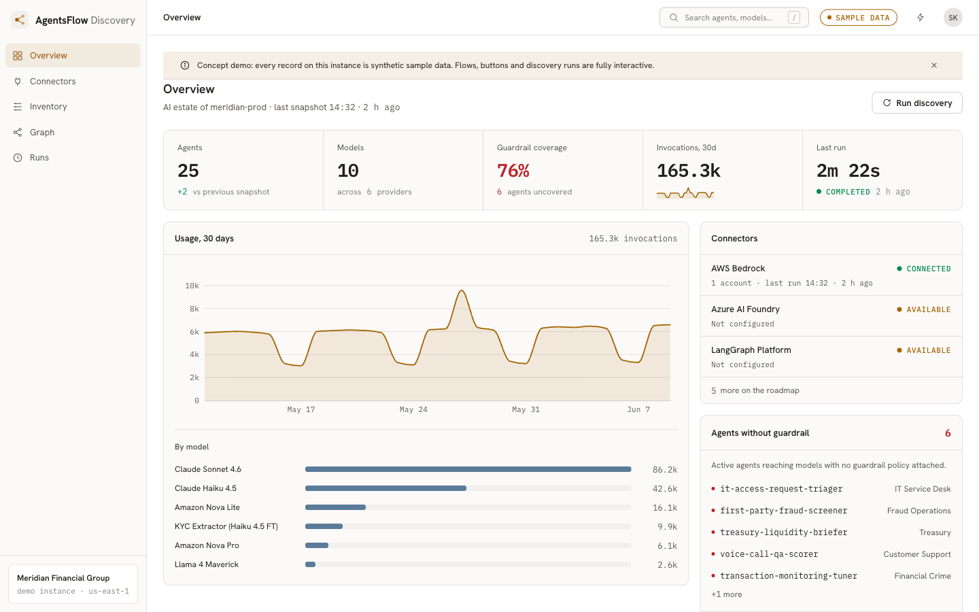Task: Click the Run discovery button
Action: pos(917,103)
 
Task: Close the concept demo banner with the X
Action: pos(934,65)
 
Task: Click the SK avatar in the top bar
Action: pos(952,18)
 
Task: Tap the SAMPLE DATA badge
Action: pos(859,18)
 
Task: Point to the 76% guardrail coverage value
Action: pos(513,171)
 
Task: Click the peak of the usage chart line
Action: pos(462,290)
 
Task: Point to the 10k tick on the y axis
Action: pos(192,286)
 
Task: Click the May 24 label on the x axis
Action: pos(413,409)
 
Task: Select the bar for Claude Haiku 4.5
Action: pos(385,488)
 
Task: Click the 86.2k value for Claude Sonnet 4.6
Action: pos(665,469)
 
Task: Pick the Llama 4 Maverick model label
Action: pos(207,564)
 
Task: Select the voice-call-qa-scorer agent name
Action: pos(769,554)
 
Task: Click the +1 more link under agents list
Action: pos(726,594)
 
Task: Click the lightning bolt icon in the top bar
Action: pos(921,18)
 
